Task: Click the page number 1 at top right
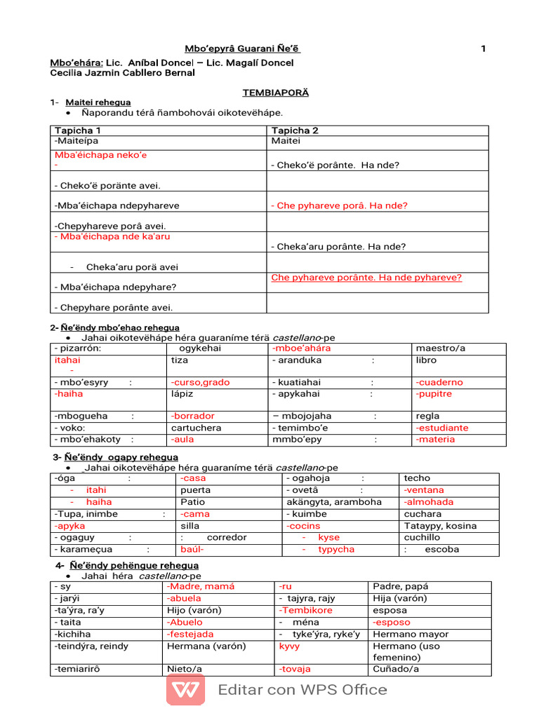click(483, 48)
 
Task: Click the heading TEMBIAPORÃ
click(275, 93)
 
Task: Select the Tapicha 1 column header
click(78, 130)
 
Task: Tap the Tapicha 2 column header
click(295, 130)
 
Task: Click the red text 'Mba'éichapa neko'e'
click(100, 155)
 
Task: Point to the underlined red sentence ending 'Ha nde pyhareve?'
click(366, 278)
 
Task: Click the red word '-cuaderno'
click(439, 383)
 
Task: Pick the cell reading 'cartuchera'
click(196, 428)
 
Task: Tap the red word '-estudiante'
click(441, 428)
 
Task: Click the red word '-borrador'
click(193, 416)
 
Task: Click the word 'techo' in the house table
click(417, 478)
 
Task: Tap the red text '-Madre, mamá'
click(201, 586)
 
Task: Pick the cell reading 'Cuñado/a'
click(396, 670)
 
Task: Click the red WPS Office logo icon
click(185, 689)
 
